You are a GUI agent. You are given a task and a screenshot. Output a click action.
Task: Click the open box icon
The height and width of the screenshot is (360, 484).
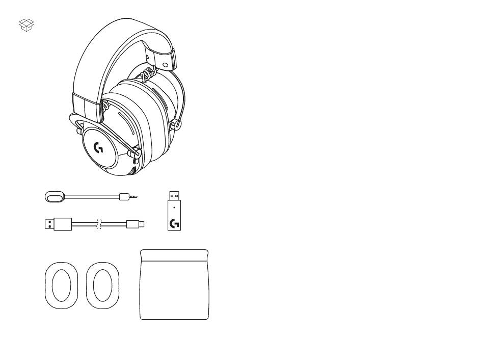pyautogui.click(x=26, y=25)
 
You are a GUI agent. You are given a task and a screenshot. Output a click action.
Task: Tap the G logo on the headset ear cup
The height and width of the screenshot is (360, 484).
pyautogui.click(x=99, y=148)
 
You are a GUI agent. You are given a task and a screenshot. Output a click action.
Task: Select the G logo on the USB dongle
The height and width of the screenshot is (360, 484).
pyautogui.click(x=174, y=223)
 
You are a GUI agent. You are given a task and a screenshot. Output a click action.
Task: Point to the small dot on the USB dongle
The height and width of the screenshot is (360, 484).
pyautogui.click(x=174, y=208)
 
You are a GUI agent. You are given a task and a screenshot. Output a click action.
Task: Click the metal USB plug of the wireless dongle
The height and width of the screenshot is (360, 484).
pyautogui.click(x=174, y=195)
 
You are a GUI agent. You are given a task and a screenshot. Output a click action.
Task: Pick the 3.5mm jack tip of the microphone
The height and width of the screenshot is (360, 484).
pyautogui.click(x=135, y=196)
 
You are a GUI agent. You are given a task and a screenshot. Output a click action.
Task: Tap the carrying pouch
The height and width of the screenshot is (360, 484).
pyautogui.click(x=174, y=291)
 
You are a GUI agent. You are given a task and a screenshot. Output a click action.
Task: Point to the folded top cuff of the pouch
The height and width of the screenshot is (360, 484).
pyautogui.click(x=174, y=254)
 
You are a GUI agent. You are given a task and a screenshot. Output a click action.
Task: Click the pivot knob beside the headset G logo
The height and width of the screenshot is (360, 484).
pyautogui.click(x=138, y=153)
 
